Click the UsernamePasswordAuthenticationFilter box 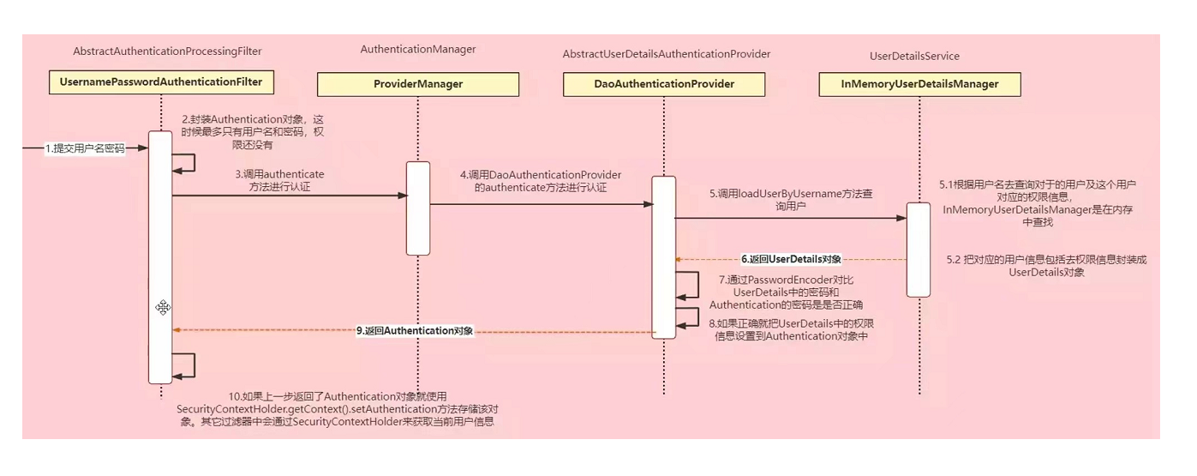[161, 83]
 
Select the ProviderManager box [418, 84]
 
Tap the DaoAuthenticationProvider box [665, 84]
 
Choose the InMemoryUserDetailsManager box [919, 84]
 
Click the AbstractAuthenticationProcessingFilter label [167, 51]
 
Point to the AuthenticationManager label [418, 50]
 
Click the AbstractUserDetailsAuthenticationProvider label [666, 54]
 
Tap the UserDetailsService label [914, 57]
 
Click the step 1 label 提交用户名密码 [85, 148]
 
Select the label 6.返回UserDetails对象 [791, 259]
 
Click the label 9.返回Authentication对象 [415, 331]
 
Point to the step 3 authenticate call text [279, 180]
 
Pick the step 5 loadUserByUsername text [790, 201]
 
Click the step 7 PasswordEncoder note [786, 292]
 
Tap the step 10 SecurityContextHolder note [335, 409]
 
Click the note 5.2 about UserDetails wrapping [1045, 266]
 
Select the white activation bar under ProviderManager [417, 208]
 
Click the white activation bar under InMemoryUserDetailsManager [919, 250]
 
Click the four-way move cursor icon [163, 307]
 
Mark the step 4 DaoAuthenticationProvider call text [540, 181]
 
